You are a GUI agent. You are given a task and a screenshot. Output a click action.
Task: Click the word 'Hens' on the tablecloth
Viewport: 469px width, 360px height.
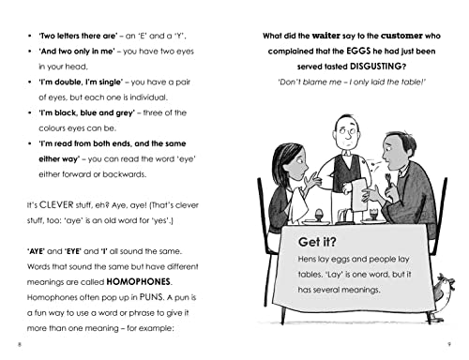tap(298, 264)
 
